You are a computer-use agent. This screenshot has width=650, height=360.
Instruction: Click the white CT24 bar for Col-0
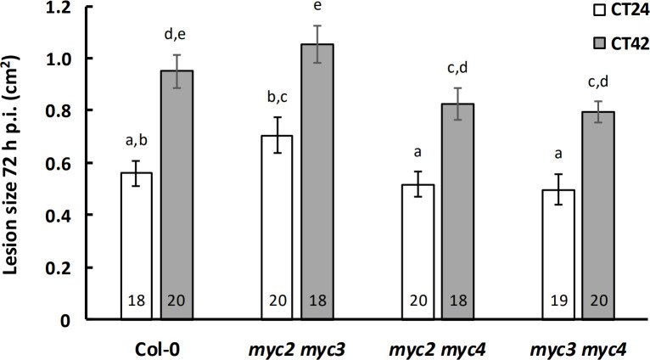[x=137, y=246]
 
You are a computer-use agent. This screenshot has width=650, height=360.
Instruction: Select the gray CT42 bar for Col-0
[x=177, y=195]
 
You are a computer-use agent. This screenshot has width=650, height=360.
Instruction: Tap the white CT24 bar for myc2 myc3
[x=277, y=228]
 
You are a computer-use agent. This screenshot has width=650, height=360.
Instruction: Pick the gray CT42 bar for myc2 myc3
[x=317, y=182]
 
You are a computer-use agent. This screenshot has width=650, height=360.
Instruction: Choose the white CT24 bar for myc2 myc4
[x=417, y=252]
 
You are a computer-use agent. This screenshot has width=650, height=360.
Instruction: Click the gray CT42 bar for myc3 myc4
[x=598, y=216]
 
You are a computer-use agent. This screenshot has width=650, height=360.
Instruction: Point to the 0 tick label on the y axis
[x=65, y=320]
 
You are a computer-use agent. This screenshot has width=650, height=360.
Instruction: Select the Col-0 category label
[x=158, y=349]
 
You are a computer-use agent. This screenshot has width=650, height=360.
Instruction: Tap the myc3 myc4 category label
[x=578, y=349]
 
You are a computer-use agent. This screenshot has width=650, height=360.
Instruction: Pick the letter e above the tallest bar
[x=317, y=7]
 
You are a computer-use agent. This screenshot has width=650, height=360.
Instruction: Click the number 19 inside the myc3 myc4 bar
[x=558, y=301]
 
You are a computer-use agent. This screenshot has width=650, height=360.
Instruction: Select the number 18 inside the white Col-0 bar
[x=137, y=301]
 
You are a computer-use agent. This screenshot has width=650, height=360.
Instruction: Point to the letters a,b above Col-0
[x=137, y=141]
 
